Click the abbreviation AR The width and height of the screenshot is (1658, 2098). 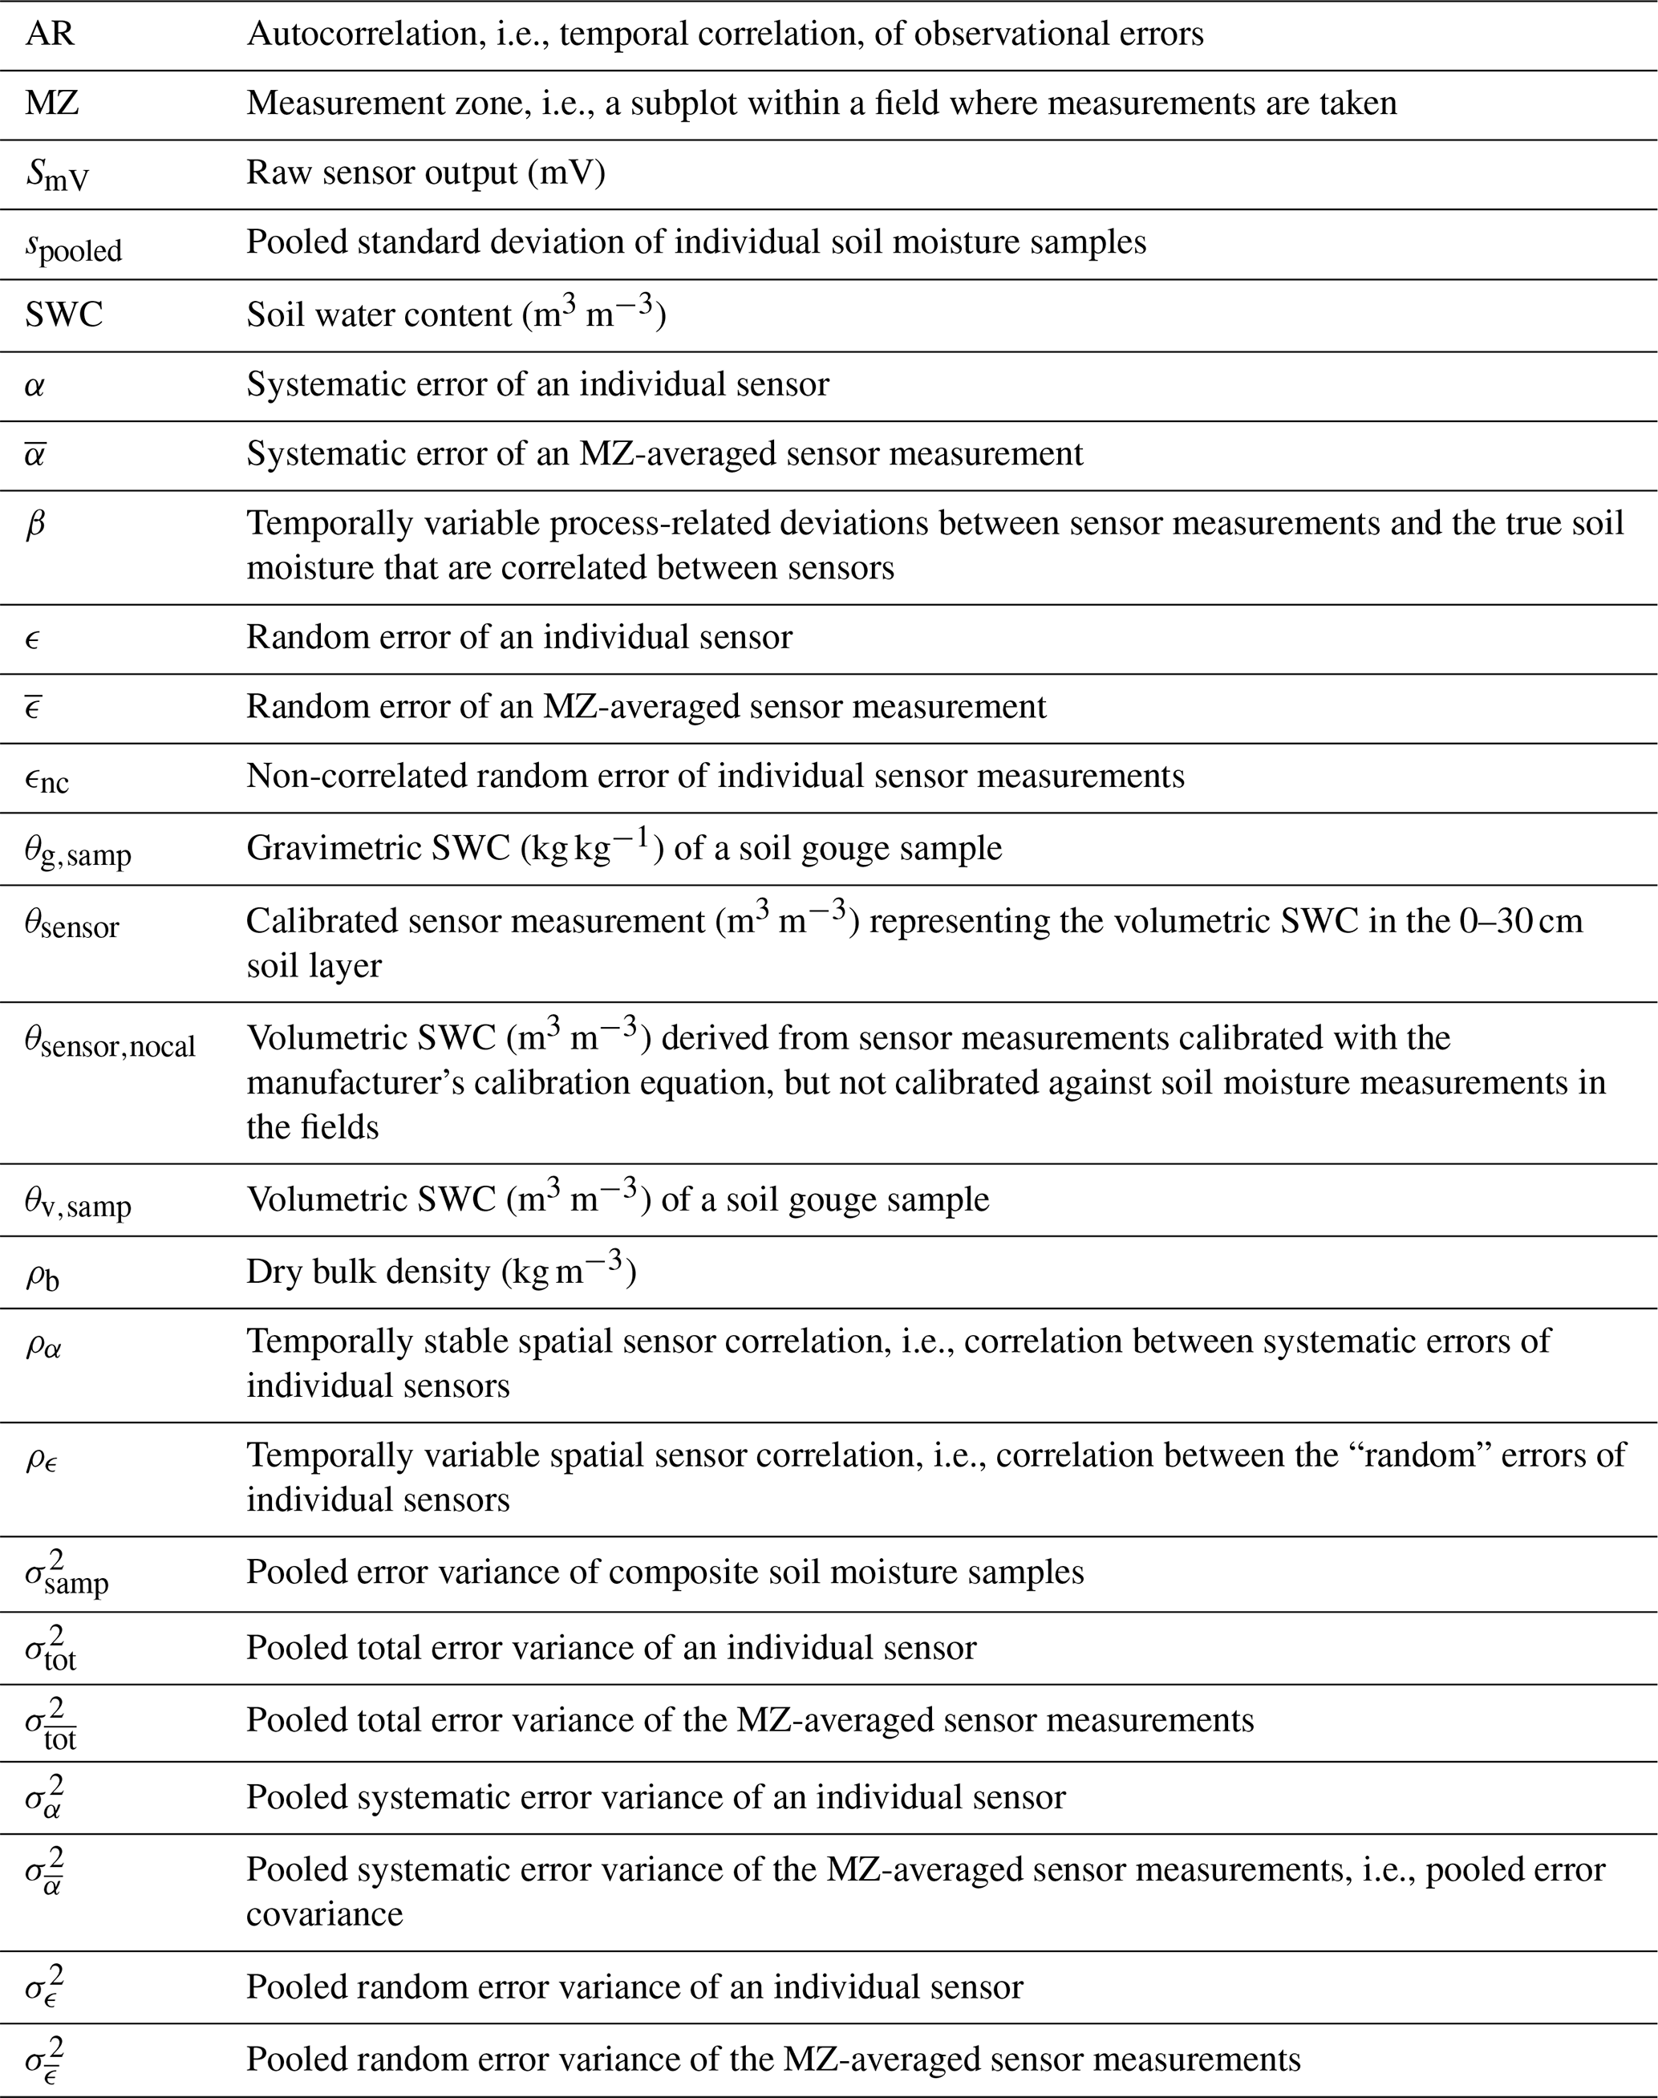pos(51,34)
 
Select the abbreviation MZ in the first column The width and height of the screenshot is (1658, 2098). pos(52,103)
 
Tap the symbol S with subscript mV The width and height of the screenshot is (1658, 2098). pos(57,175)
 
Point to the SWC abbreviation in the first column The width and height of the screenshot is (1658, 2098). pos(64,315)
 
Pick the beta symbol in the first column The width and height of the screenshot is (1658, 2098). pos(35,526)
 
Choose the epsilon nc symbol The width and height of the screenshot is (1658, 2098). pos(47,778)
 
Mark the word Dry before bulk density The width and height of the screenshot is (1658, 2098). pos(273,1272)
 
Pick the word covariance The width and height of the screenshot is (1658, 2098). pos(324,1913)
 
